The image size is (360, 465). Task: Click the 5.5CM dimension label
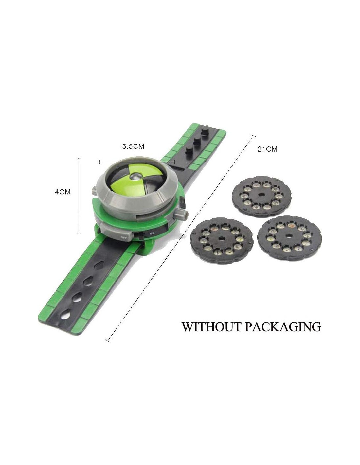click(133, 146)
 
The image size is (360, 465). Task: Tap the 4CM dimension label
click(63, 192)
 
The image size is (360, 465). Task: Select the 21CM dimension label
click(267, 149)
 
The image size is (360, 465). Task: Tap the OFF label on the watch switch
click(124, 237)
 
